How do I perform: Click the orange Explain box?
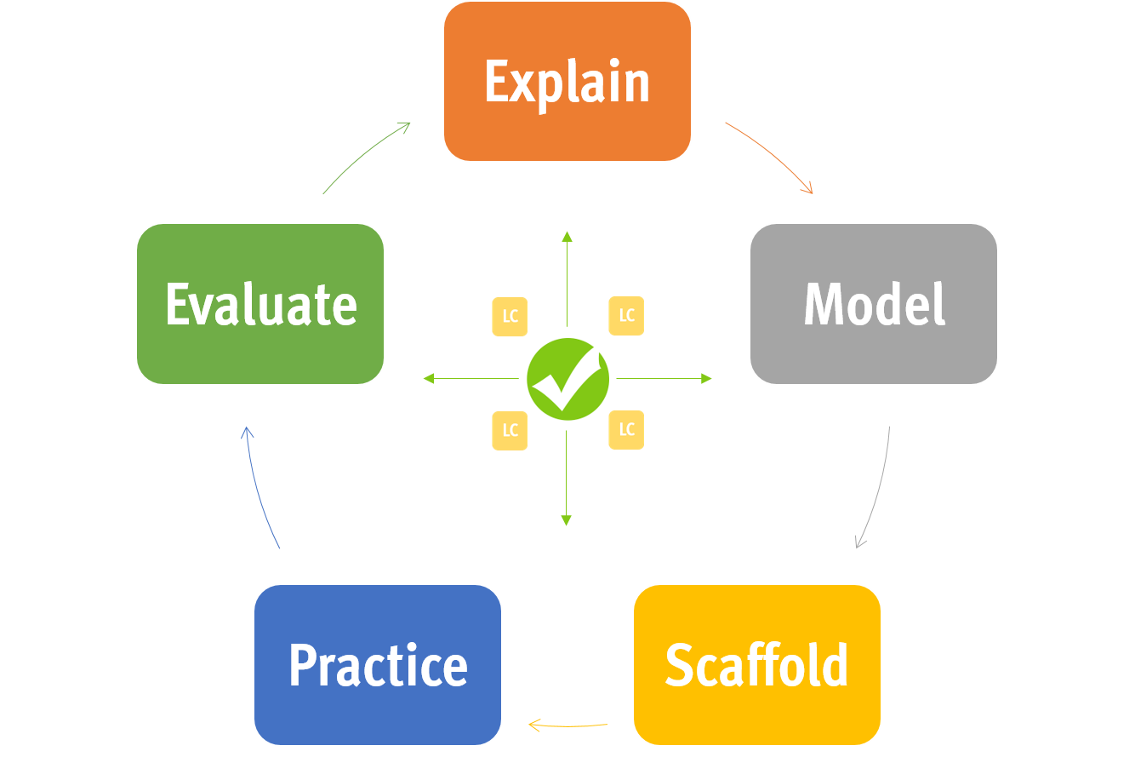(x=567, y=82)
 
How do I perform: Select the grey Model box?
(x=873, y=304)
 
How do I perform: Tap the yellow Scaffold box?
(x=756, y=665)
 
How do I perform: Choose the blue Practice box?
(x=378, y=665)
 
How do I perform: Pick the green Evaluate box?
(x=260, y=304)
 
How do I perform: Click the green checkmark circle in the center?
(x=567, y=379)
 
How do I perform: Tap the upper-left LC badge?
(x=510, y=317)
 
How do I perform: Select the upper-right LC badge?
(x=626, y=316)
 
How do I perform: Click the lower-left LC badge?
(x=510, y=430)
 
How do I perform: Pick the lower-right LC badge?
(x=626, y=430)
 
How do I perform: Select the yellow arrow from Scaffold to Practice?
(x=567, y=726)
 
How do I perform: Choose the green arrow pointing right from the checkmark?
(x=664, y=378)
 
